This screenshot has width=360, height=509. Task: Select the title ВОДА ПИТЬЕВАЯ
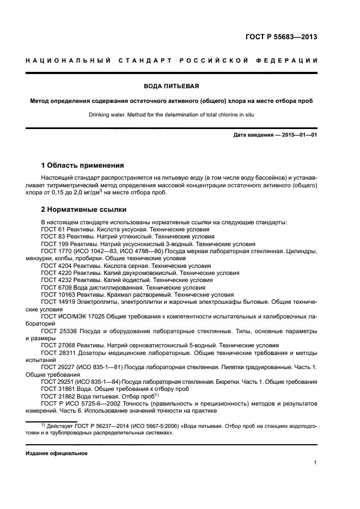tap(171, 86)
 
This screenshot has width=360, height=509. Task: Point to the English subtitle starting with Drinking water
tap(171, 115)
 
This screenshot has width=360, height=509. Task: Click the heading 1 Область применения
tap(83, 164)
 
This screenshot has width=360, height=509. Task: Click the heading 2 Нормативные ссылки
tap(84, 209)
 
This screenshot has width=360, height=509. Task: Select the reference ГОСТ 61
tap(52, 230)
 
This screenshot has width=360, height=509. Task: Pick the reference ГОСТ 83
tap(52, 237)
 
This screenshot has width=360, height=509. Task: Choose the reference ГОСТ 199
tap(53, 244)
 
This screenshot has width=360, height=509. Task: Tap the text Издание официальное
tap(56, 453)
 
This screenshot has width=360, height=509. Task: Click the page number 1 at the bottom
tap(315, 463)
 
